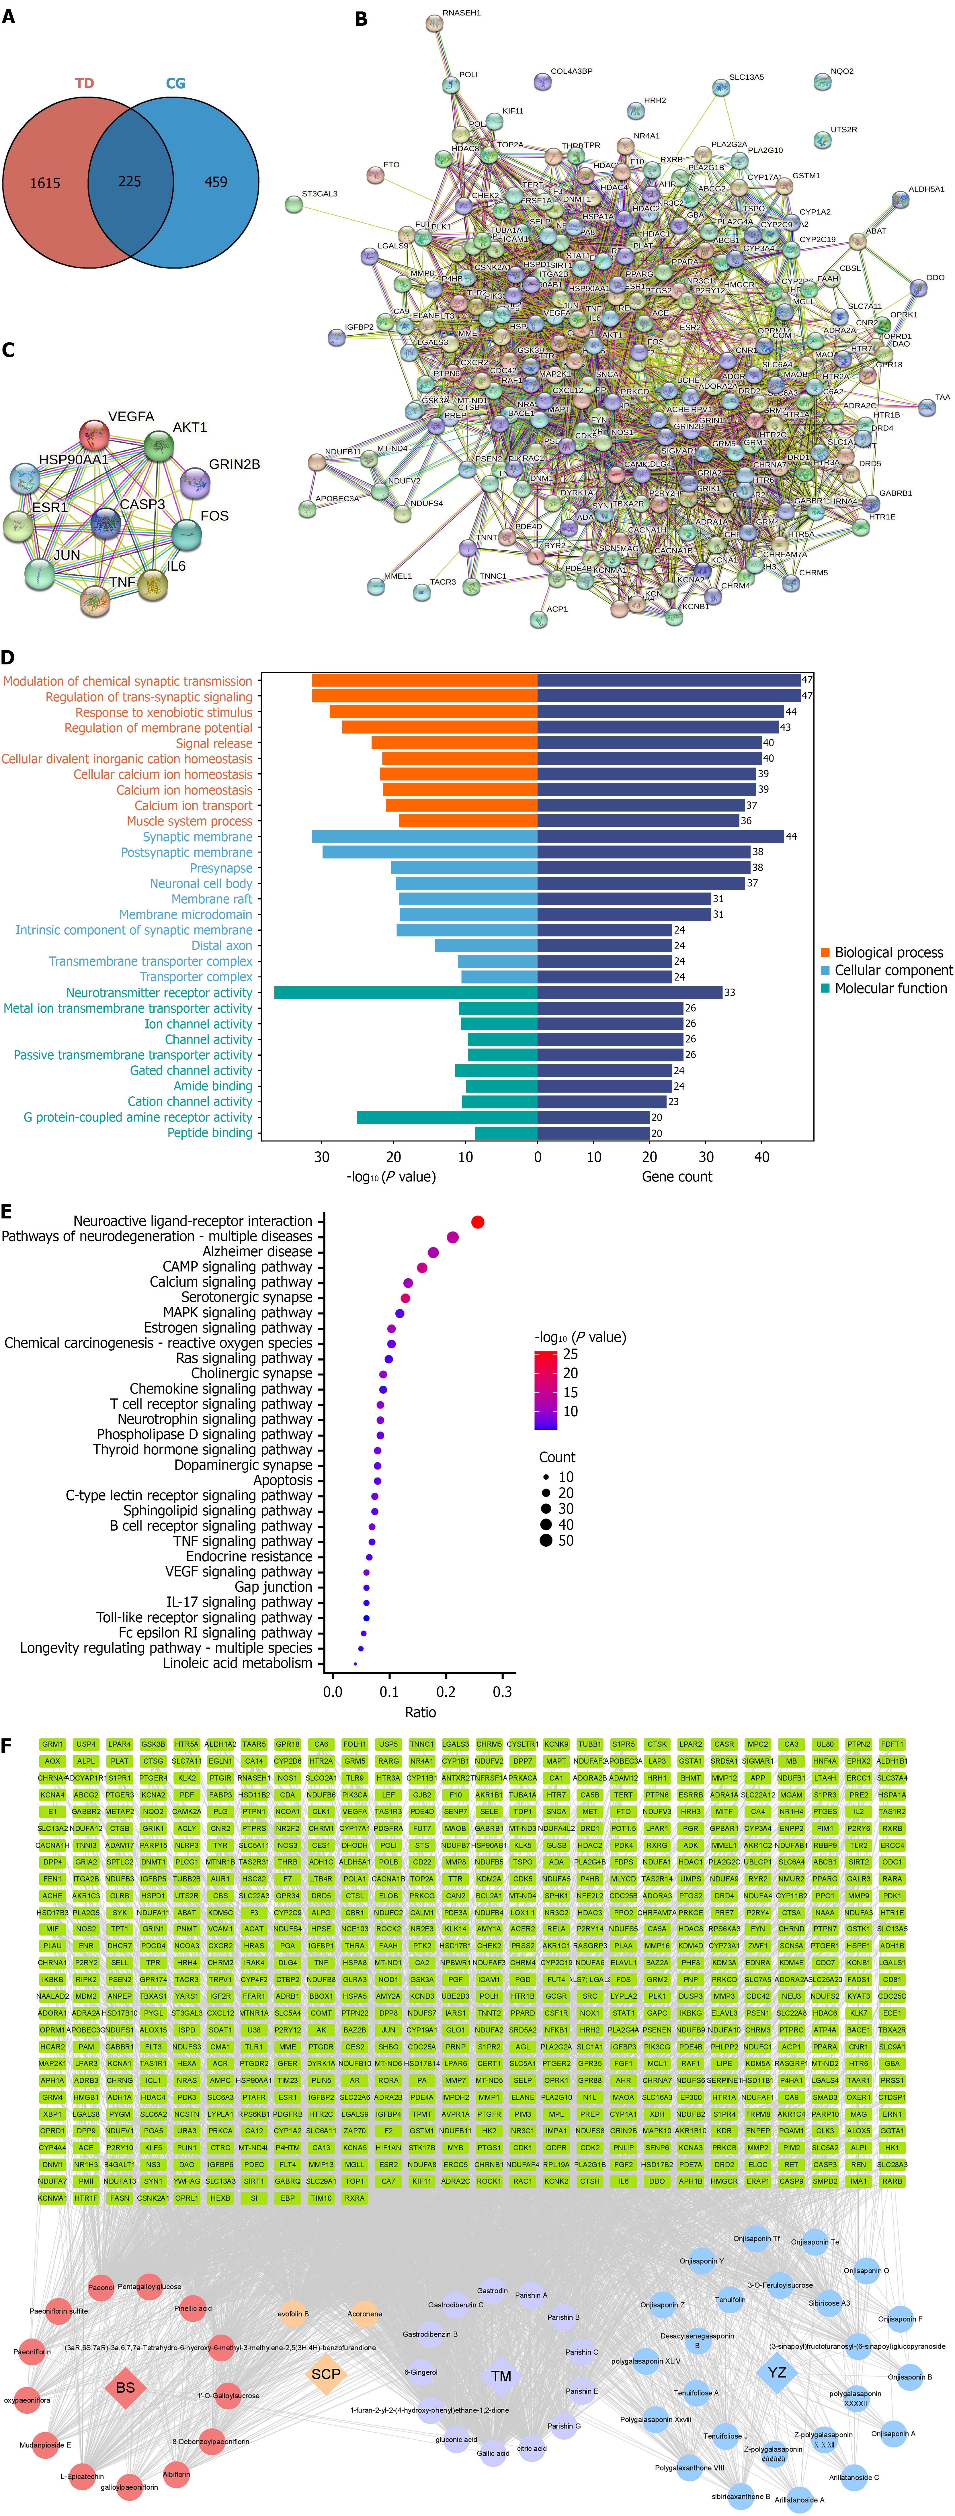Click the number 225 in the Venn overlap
click(130, 182)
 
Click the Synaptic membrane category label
click(197, 837)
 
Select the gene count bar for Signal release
click(649, 743)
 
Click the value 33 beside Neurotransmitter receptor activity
click(729, 992)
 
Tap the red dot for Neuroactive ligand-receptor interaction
click(478, 1222)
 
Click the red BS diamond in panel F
click(125, 2387)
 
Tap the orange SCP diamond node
click(326, 2374)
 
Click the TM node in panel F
click(501, 2376)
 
